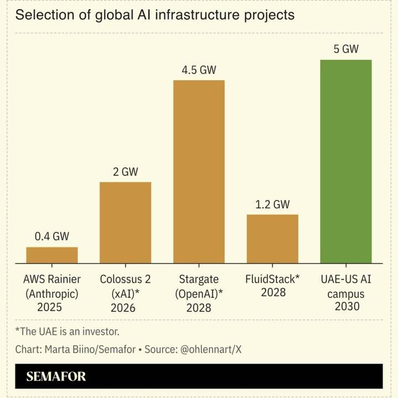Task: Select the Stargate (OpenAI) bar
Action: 199,172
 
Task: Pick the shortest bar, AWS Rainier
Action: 52,255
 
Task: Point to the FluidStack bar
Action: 273,239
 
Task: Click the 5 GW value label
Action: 346,49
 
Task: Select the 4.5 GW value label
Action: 199,71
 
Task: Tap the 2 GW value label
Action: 125,172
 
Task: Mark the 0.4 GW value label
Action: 52,237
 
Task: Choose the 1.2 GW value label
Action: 273,205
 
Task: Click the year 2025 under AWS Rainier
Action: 52,307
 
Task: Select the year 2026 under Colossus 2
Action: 125,307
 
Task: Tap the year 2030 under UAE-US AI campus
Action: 346,306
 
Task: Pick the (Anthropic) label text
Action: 52,294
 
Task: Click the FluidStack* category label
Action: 273,279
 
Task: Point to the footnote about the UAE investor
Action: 67,332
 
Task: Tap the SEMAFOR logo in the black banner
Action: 56,377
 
